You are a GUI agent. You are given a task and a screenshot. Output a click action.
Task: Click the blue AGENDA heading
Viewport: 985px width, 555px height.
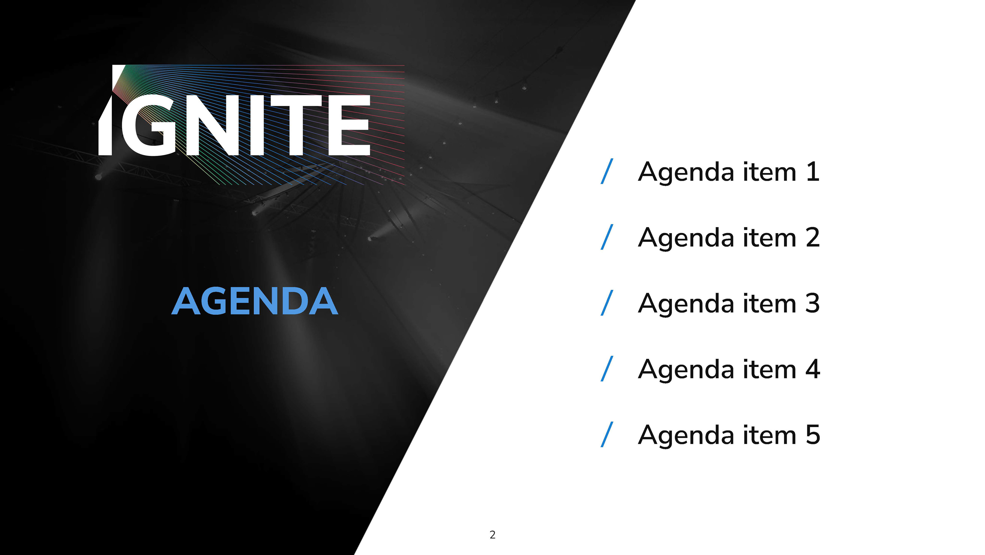(x=255, y=301)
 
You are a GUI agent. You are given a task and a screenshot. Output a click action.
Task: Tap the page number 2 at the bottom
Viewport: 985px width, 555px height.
(x=493, y=535)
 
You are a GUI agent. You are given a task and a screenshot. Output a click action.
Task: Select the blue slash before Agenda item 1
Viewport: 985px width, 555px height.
(x=607, y=171)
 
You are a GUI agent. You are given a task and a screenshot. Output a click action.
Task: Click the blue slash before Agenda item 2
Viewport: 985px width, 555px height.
(x=607, y=237)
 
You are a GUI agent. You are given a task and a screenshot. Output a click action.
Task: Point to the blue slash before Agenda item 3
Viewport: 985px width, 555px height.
(x=607, y=303)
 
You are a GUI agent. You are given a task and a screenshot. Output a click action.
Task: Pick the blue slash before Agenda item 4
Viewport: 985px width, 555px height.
(x=607, y=369)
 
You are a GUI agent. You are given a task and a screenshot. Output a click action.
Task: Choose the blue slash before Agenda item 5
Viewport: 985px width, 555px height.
(x=607, y=435)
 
